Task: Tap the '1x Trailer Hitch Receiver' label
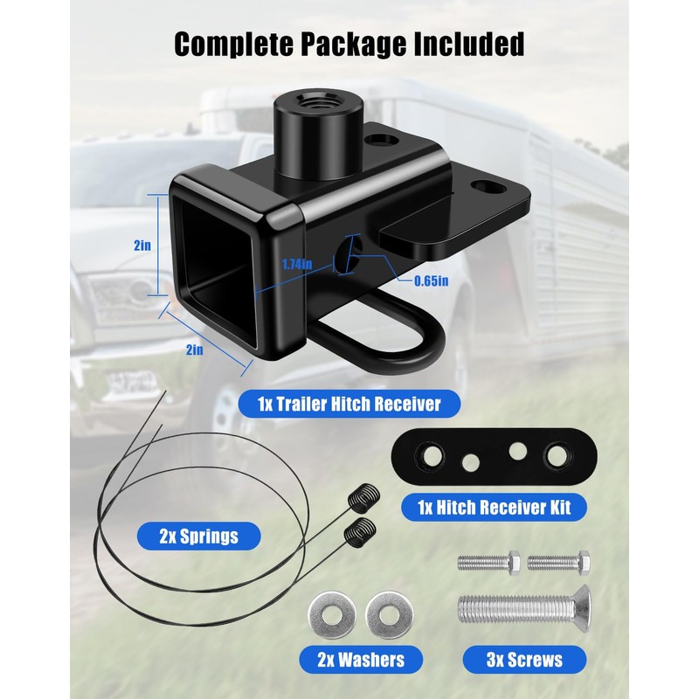tap(349, 404)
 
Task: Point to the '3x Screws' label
tap(523, 658)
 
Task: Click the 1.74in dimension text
tap(298, 263)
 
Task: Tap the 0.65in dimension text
tap(431, 280)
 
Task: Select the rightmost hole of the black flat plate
tap(557, 453)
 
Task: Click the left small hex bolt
tap(489, 559)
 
